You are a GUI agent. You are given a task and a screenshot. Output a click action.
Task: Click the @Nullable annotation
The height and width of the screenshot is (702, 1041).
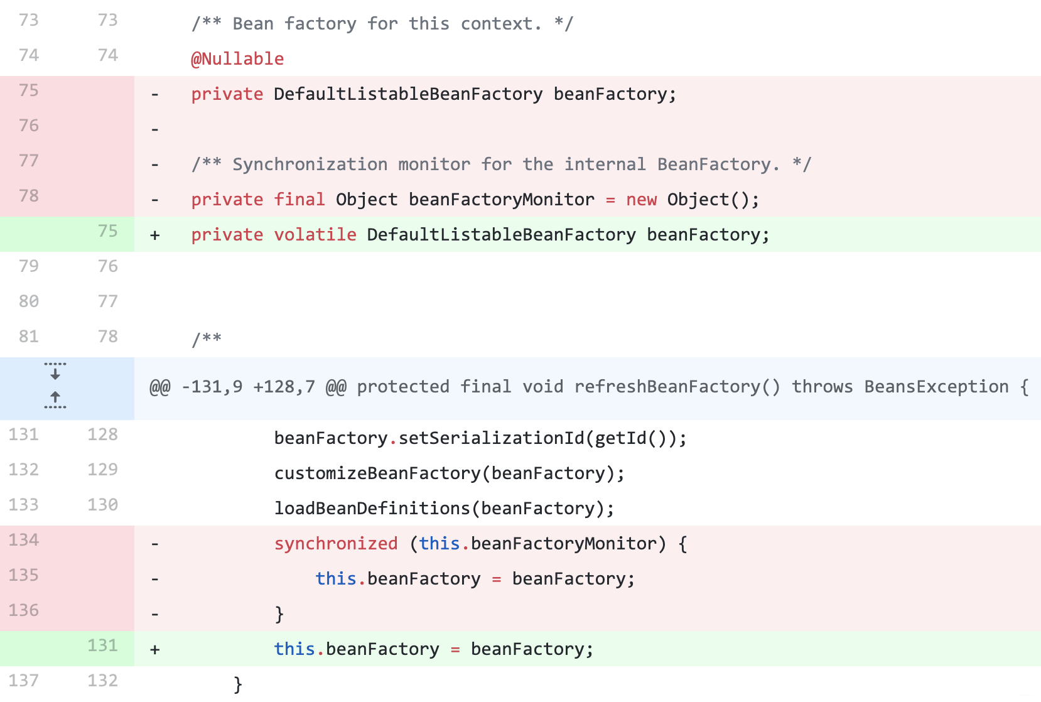point(237,59)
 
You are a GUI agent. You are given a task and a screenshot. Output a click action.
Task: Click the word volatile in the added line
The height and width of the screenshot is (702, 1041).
point(315,235)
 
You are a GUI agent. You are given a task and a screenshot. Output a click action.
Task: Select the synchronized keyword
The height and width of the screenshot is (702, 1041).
point(336,544)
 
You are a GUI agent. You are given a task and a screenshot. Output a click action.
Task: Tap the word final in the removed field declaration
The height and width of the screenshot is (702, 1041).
point(299,200)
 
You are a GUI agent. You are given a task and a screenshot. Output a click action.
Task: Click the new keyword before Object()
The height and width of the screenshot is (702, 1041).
point(641,200)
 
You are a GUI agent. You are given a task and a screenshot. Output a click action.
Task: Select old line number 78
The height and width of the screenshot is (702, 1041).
point(29,196)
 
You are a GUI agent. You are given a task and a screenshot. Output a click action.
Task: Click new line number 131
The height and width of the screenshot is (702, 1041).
point(102,645)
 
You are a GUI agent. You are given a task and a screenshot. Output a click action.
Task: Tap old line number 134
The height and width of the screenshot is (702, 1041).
point(24,540)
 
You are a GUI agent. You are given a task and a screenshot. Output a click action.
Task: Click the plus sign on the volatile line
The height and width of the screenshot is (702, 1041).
point(155,235)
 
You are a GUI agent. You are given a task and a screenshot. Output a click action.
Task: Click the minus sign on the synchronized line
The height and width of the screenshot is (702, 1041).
point(155,544)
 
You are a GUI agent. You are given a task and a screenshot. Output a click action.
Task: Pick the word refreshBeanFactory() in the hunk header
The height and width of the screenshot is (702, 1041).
point(677,387)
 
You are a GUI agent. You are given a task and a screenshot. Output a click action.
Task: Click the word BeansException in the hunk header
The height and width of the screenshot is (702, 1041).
point(936,387)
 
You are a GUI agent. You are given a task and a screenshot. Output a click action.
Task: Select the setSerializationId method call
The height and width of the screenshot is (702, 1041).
point(492,438)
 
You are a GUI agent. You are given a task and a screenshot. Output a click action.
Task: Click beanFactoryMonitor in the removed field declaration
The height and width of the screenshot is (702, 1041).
point(501,200)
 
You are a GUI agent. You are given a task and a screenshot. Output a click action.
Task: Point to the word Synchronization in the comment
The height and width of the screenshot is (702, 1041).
point(310,165)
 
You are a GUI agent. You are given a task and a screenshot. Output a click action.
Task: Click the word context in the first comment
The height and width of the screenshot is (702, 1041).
point(496,24)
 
